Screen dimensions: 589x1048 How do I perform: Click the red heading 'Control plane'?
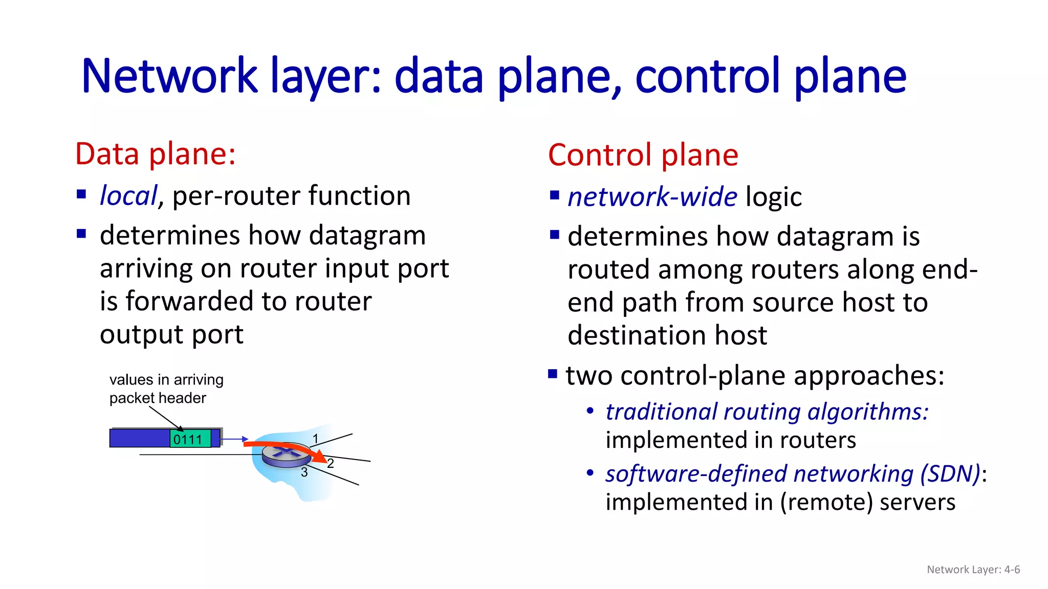[643, 155]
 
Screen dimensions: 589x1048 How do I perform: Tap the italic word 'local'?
[128, 196]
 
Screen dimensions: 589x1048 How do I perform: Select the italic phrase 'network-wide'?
[652, 197]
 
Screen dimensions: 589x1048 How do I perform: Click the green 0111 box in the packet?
[190, 439]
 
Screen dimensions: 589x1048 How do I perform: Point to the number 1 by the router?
[316, 439]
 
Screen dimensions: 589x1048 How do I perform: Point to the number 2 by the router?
[331, 463]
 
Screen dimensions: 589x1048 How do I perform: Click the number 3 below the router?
[304, 472]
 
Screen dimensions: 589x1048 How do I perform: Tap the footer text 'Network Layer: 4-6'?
[973, 570]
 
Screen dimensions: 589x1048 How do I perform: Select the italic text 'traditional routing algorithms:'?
[767, 412]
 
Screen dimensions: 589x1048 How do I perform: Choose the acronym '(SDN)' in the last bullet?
[950, 474]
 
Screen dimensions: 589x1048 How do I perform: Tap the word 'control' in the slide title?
[708, 77]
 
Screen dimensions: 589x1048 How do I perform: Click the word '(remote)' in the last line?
[826, 502]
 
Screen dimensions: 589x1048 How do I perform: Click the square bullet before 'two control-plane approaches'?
[553, 374]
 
